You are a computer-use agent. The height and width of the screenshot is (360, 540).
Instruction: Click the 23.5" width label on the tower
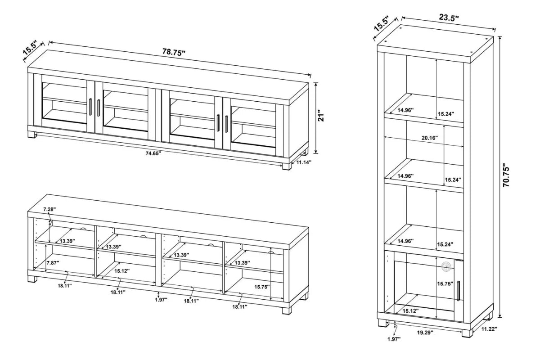pyautogui.click(x=449, y=18)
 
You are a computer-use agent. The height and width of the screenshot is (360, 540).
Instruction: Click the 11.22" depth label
pyautogui.click(x=488, y=329)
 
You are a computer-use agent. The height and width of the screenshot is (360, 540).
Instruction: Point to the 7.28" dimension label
pyautogui.click(x=50, y=210)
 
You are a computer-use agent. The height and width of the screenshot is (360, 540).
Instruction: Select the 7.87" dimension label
pyautogui.click(x=53, y=263)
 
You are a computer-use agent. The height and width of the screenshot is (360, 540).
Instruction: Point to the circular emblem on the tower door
pyautogui.click(x=445, y=267)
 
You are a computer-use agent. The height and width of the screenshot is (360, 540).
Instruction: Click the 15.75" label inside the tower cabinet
pyautogui.click(x=445, y=284)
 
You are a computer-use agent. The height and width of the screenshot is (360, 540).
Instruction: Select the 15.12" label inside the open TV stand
pyautogui.click(x=122, y=271)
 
